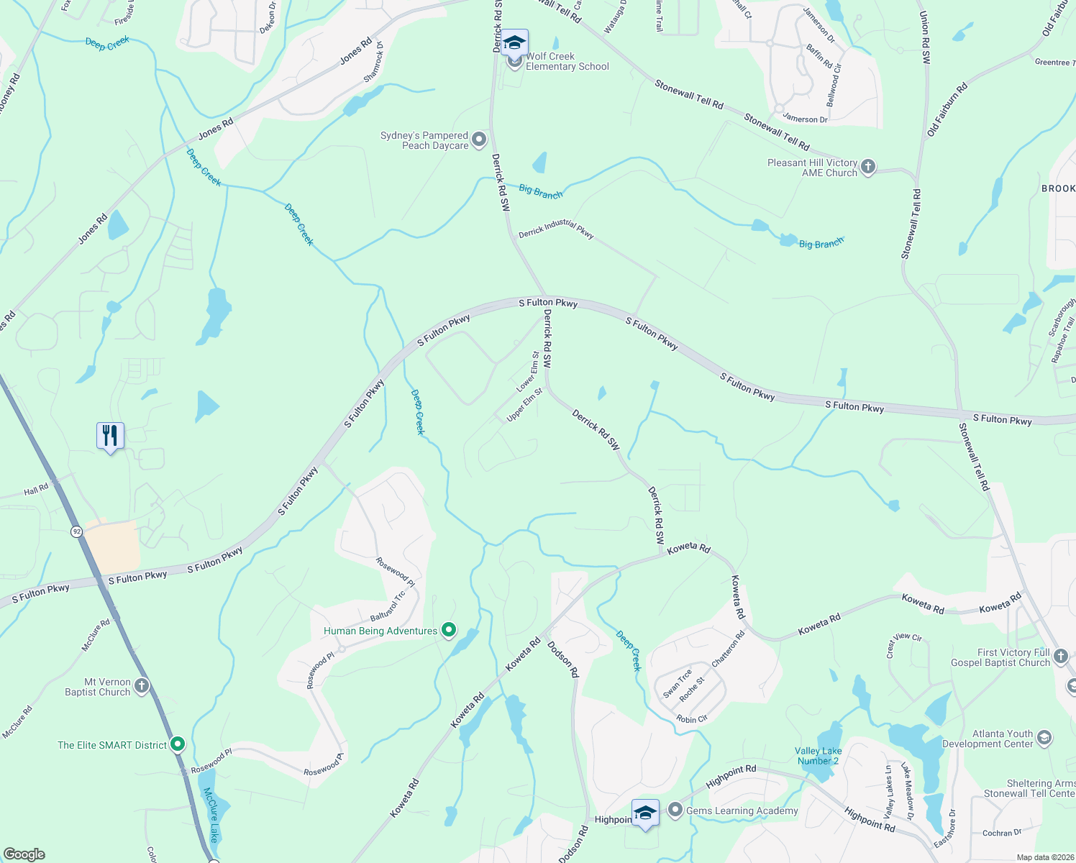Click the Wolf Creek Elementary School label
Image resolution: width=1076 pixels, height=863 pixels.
click(x=567, y=61)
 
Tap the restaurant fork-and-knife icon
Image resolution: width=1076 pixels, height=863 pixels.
click(x=110, y=436)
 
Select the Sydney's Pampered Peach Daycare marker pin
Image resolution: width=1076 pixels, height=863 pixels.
click(x=479, y=140)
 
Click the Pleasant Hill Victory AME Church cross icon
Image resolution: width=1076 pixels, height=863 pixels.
click(x=868, y=168)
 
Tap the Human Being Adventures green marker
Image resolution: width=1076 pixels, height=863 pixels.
click(x=449, y=631)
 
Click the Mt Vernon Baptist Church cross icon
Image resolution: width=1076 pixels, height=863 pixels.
click(x=142, y=686)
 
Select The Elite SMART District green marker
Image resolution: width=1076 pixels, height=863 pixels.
click(x=178, y=744)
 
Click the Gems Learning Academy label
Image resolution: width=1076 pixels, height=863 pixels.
click(x=742, y=811)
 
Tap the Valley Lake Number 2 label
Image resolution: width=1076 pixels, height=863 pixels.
click(x=818, y=756)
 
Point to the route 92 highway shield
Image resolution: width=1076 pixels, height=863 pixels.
click(x=77, y=531)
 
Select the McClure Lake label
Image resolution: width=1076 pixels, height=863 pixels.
click(x=211, y=815)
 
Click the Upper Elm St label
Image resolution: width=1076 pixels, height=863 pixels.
click(x=524, y=405)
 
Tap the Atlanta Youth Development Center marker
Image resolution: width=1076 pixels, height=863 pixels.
click(x=1044, y=738)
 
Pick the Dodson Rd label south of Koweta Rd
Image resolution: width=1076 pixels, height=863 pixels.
click(x=563, y=659)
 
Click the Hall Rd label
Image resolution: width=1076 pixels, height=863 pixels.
click(x=36, y=490)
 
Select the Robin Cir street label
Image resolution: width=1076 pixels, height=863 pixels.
click(x=692, y=719)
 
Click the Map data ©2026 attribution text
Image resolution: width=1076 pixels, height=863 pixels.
click(x=1045, y=857)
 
